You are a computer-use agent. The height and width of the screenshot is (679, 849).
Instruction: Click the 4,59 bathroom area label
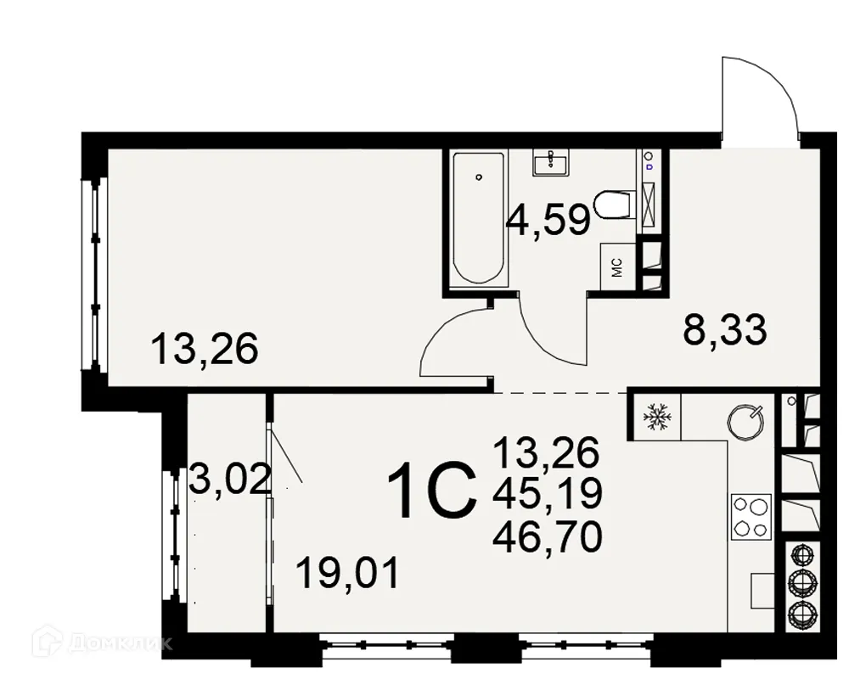(548, 222)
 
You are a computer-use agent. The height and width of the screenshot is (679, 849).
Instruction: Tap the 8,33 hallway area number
(725, 330)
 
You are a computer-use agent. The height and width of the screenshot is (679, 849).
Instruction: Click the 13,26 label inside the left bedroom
(204, 349)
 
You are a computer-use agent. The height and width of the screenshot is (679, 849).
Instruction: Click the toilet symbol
(615, 205)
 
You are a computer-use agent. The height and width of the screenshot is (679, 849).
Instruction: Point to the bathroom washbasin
(551, 160)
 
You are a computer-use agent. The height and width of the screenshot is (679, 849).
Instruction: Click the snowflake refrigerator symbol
(655, 416)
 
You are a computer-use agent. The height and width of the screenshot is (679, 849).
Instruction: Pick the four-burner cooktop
(751, 517)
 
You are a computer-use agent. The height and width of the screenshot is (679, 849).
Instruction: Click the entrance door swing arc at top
(760, 98)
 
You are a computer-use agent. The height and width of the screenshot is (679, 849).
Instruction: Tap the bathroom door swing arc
(552, 331)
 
